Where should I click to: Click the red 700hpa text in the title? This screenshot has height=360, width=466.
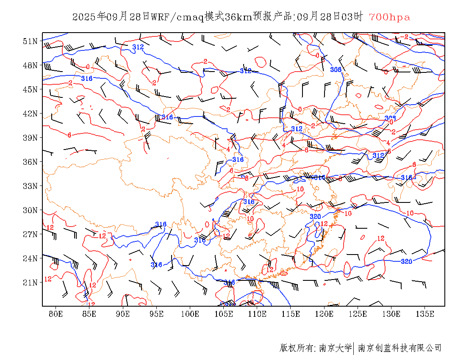[x=389, y=17]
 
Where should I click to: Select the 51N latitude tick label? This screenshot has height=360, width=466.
[x=30, y=41]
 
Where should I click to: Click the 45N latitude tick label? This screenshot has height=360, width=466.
[x=30, y=89]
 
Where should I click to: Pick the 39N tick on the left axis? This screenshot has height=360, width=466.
[x=30, y=138]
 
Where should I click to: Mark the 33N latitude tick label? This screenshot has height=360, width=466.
[x=30, y=186]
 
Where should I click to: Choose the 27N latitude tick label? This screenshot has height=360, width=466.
[x=30, y=234]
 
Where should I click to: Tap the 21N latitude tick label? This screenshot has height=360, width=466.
[x=30, y=282]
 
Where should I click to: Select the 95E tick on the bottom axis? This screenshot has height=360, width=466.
[x=156, y=314]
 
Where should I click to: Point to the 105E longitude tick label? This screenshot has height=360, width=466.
[x=224, y=314]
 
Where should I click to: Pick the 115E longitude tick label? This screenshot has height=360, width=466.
[x=291, y=314]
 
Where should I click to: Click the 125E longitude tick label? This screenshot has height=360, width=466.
[x=358, y=314]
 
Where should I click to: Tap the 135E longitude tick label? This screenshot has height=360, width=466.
[x=425, y=314]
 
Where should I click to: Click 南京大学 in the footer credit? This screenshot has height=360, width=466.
[x=335, y=348]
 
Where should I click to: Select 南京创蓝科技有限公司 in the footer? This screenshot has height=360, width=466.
[x=399, y=348]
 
